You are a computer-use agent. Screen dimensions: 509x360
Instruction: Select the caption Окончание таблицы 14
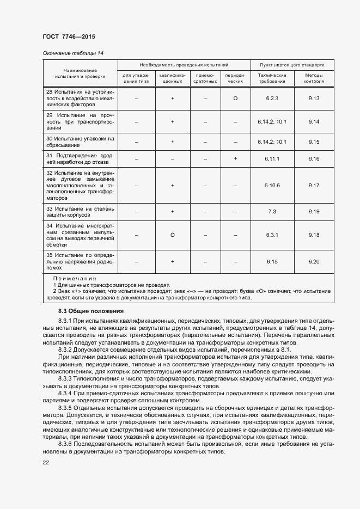[73, 53]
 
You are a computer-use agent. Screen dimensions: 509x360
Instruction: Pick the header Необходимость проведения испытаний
[184, 64]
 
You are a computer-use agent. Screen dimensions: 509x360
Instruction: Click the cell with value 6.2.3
[272, 99]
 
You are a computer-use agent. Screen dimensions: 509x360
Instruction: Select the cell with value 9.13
[313, 99]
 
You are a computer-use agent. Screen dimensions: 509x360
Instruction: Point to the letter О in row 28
[235, 99]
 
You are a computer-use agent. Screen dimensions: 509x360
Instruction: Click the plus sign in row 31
[235, 158]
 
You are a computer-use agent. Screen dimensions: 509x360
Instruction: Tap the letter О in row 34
[172, 235]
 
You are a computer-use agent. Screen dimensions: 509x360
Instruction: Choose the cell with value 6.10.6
[272, 186]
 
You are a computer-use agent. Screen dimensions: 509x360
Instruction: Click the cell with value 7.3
[272, 212]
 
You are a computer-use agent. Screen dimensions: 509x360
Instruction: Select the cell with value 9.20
[313, 262]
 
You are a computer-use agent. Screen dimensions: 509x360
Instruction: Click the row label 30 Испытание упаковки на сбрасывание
[80, 142]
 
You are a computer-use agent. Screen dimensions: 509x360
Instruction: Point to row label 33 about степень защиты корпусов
[80, 212]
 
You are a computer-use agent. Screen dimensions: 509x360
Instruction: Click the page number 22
[46, 462]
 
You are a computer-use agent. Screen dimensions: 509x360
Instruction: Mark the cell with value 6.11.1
[272, 158]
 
